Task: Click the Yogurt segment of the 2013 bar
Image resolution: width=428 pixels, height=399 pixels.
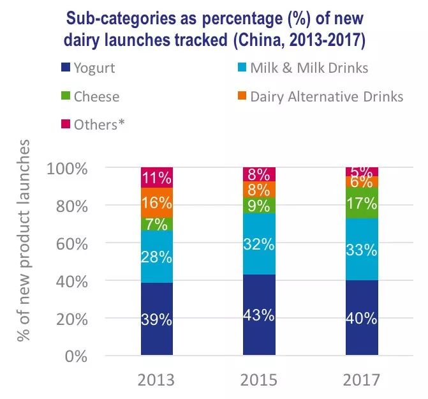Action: click(156, 319)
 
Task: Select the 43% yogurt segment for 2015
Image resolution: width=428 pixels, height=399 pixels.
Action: click(258, 315)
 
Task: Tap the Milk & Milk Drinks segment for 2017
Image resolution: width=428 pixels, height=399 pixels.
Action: click(362, 250)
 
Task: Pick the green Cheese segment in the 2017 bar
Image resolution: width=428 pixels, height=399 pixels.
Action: click(362, 204)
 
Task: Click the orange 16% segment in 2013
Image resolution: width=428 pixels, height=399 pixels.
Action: click(156, 203)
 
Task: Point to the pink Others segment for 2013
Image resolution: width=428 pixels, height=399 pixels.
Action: click(156, 177)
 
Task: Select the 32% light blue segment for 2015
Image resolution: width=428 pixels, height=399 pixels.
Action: click(258, 244)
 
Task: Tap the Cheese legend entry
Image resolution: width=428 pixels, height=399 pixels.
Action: click(96, 96)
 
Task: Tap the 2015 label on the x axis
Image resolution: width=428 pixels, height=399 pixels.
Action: click(258, 380)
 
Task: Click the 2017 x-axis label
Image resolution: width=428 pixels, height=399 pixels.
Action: click(361, 380)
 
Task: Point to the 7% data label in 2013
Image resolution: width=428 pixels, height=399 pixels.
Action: click(156, 224)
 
